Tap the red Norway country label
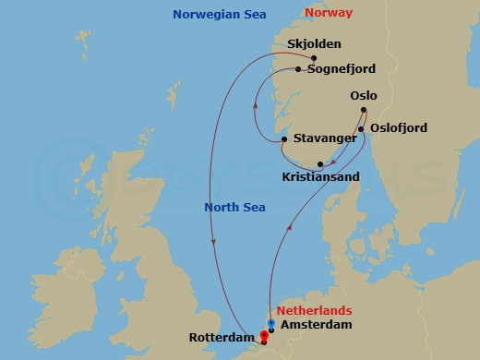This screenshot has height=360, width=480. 328,13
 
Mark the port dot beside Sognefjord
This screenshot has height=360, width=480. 298,69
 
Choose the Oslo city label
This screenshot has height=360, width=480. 364,95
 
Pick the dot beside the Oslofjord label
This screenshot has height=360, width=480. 361,128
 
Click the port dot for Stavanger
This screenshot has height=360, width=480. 283,139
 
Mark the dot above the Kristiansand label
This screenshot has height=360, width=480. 319,164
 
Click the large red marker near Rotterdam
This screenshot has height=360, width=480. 265,336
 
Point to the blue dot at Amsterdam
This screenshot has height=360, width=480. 270,324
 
